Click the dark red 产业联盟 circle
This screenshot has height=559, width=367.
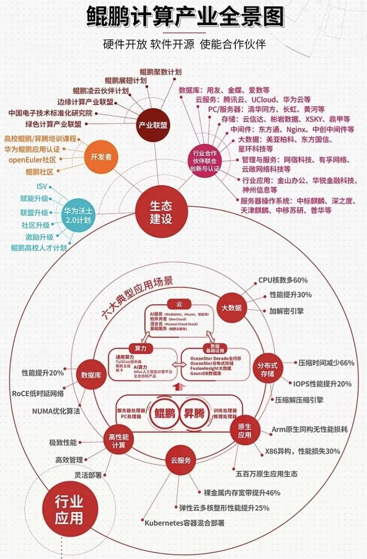pos(152,125)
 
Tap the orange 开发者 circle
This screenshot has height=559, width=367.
pos(101,157)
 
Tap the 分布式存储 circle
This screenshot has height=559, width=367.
pos(267,370)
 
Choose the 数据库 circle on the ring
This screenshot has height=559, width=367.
pos(91,375)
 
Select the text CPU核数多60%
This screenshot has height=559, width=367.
pos(283,280)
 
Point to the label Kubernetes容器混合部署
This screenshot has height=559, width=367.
pos(184,523)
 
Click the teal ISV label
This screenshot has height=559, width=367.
pos(41,187)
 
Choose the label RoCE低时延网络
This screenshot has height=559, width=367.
pos(38,393)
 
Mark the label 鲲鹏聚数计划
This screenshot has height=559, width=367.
pos(160,72)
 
